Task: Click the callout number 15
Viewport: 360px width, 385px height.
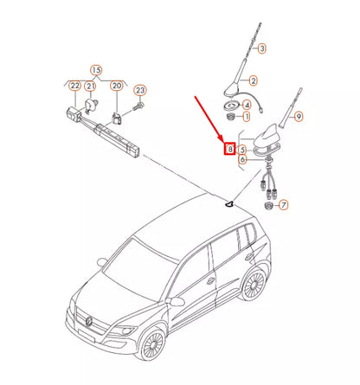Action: coord(96,70)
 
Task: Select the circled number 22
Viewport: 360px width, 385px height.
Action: coord(75,86)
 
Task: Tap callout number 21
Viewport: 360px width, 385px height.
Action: coord(91,86)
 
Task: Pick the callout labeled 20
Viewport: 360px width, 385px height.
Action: coord(117,86)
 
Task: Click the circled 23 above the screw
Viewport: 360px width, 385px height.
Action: coord(140,91)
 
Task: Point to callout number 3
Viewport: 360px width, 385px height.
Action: coord(262,48)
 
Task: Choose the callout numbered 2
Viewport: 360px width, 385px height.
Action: coord(254,80)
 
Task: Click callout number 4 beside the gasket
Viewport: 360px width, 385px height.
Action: coord(247,105)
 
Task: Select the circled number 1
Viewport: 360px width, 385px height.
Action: coord(247,117)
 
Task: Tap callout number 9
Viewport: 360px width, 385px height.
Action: coord(299,117)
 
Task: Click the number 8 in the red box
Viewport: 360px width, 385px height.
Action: coord(230,149)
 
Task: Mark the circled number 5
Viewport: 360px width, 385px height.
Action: coord(242,150)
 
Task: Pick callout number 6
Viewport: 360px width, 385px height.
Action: coord(242,159)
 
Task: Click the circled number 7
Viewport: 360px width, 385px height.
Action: coord(284,205)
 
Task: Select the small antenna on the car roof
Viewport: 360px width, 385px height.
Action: coord(229,204)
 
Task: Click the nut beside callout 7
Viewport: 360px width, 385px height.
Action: coord(269,206)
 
